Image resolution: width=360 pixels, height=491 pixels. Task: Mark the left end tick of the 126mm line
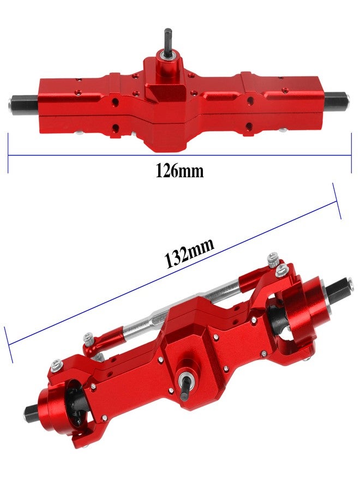tap(8, 154)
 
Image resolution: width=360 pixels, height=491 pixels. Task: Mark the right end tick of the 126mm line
tap(351, 154)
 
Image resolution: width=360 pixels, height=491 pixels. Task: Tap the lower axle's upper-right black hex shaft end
tap(346, 286)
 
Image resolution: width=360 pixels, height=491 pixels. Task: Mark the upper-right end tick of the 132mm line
tap(337, 201)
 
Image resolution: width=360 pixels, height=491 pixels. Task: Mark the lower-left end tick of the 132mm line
tap(8, 345)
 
